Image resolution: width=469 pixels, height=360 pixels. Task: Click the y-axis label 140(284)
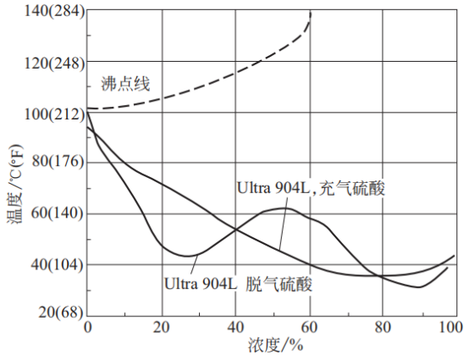tap(54, 12)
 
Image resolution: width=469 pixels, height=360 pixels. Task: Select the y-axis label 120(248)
tap(54, 64)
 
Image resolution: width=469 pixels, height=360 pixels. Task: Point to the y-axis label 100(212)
tap(54, 114)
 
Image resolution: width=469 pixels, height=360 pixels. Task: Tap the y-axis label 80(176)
tap(58, 161)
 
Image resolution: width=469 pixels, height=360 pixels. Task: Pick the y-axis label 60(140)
tap(57, 213)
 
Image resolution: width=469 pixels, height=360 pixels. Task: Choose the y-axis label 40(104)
tap(57, 264)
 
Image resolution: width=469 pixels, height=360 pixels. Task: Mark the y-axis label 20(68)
tap(61, 312)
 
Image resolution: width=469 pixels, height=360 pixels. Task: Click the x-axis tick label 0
tap(88, 327)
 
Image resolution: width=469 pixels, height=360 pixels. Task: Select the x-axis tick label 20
tap(161, 327)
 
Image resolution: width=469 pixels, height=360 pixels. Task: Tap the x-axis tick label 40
tap(235, 327)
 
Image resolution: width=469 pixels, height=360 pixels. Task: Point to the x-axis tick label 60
tap(309, 327)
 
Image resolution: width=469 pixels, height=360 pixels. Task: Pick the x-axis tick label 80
tap(383, 327)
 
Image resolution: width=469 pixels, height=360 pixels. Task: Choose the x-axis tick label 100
tap(455, 327)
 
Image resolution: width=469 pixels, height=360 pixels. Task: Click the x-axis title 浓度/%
tap(275, 345)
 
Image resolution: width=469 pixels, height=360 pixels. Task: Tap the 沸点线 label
tap(125, 84)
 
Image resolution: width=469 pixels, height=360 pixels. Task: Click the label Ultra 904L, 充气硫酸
tap(311, 188)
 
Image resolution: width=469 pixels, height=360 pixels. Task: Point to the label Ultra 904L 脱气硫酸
tap(239, 284)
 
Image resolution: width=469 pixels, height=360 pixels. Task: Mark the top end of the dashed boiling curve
tap(311, 12)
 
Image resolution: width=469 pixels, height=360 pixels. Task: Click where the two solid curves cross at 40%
tap(236, 230)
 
